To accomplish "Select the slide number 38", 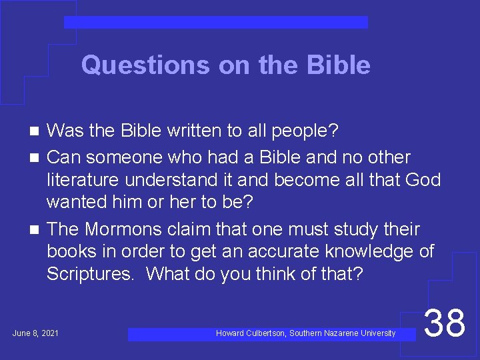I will click(x=445, y=323).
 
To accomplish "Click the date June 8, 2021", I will click(x=35, y=333).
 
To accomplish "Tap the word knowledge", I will click(x=365, y=252).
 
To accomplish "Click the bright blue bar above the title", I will click(x=215, y=23).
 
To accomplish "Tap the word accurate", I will click(x=281, y=252).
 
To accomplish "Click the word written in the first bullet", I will click(x=198, y=131).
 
